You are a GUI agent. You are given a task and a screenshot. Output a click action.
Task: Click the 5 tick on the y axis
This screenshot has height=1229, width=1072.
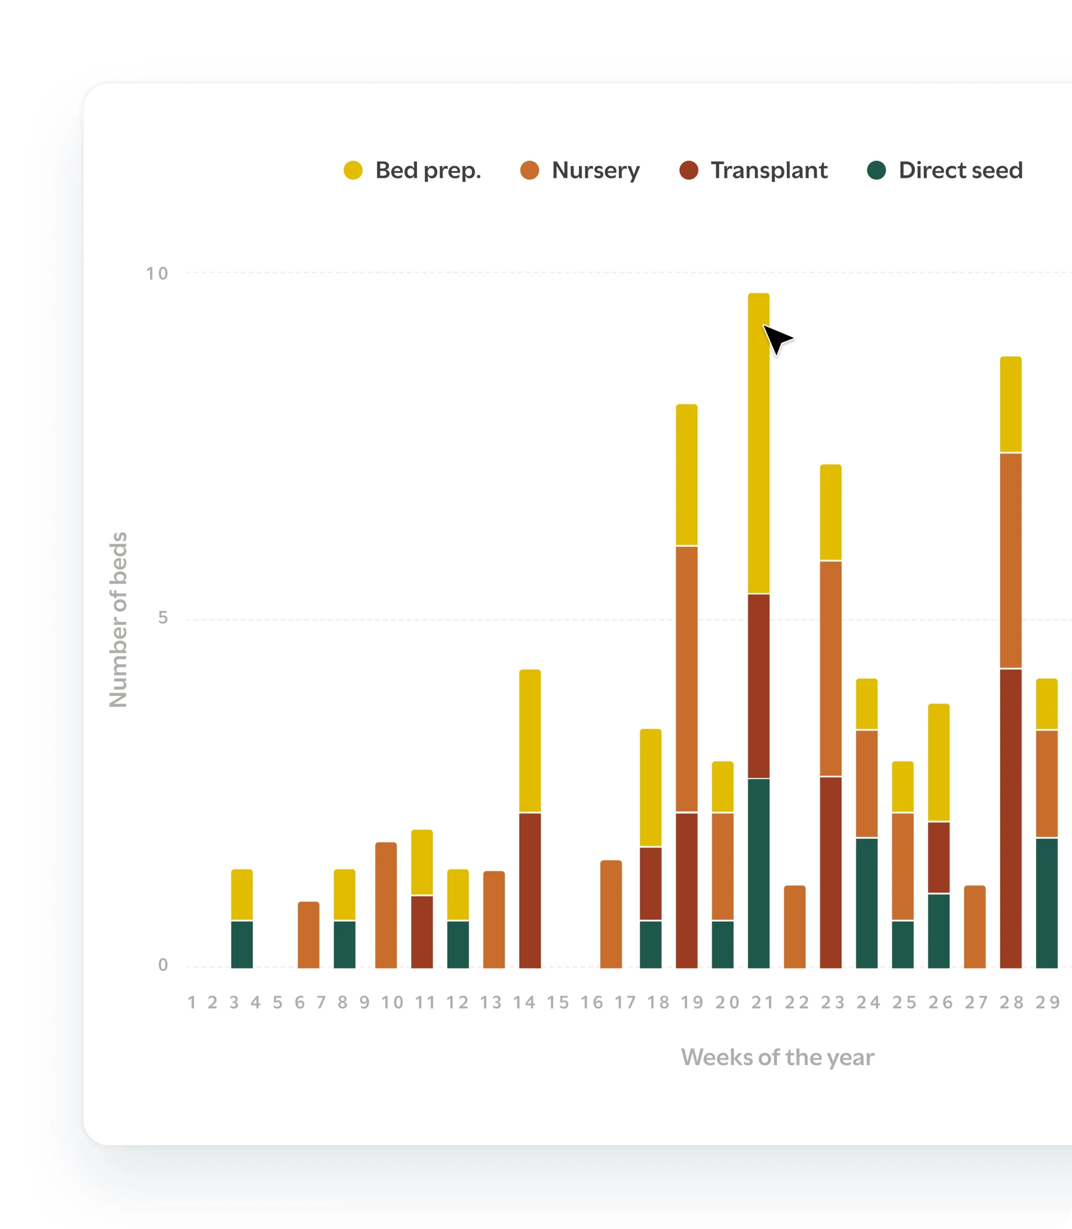point(163,618)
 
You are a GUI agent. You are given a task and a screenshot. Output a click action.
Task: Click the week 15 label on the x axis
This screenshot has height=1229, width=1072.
point(558,1002)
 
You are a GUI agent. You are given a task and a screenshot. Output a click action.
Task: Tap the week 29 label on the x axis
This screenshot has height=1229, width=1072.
point(1048,1002)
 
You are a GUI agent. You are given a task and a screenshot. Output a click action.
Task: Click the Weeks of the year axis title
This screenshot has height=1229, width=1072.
point(777,1057)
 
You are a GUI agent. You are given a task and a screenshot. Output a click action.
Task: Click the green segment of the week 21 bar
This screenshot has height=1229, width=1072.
point(758,873)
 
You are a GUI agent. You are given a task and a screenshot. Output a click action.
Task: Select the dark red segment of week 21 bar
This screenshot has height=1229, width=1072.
point(758,686)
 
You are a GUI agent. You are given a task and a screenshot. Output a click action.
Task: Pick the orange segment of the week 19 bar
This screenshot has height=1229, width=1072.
point(687,679)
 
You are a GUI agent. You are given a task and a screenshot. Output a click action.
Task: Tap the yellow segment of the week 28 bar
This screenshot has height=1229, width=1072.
point(1011,404)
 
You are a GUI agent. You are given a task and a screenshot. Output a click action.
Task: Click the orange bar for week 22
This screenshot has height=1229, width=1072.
point(794,927)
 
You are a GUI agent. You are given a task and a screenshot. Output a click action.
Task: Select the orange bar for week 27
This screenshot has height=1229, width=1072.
point(975,927)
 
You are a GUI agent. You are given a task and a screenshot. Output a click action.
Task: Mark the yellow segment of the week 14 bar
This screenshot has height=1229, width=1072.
point(530,740)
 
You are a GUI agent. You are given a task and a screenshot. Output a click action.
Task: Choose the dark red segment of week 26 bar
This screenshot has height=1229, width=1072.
point(938,857)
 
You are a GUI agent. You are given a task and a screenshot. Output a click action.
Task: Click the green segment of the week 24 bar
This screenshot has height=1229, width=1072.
point(867,903)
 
